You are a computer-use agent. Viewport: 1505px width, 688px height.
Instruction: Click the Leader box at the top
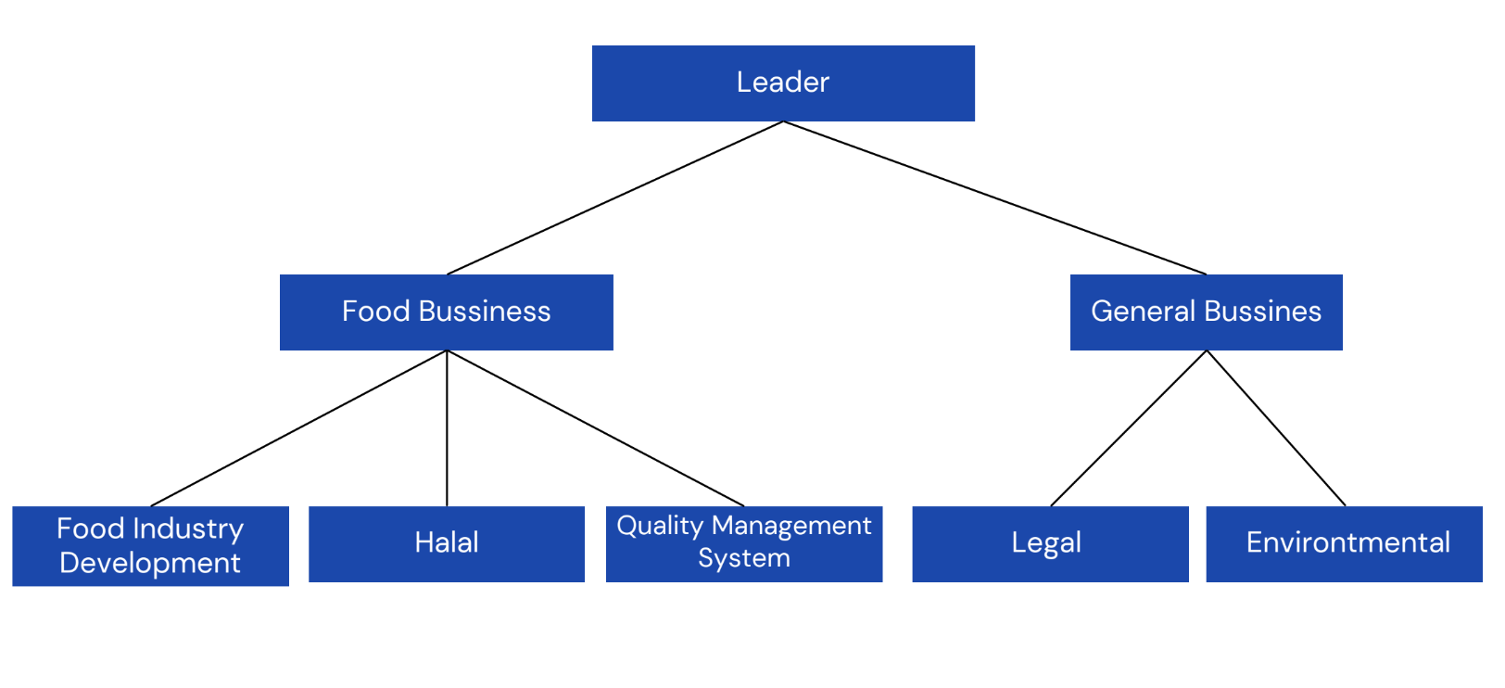(783, 83)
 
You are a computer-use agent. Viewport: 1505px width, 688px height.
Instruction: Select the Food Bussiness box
(446, 312)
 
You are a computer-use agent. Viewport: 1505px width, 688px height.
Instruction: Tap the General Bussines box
(1206, 312)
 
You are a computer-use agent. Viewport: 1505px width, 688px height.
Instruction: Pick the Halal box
(446, 544)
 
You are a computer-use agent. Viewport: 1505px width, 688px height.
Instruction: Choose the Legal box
(1050, 544)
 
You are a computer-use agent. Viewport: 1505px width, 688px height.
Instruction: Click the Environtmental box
(1344, 544)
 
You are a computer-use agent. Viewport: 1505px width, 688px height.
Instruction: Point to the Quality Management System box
(743, 544)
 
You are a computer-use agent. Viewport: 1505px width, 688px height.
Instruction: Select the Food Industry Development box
(150, 546)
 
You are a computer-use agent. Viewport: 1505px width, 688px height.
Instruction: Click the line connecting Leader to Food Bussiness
(615, 197)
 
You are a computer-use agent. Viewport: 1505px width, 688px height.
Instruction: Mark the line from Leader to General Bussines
(994, 197)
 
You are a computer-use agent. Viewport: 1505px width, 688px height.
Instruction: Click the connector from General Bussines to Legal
(1129, 428)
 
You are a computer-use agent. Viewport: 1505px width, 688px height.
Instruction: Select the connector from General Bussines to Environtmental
(1276, 428)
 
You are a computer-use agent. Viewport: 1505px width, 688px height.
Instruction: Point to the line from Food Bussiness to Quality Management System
(595, 428)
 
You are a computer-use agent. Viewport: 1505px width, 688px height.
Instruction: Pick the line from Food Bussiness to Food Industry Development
(298, 428)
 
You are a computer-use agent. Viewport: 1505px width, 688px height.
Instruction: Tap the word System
(743, 558)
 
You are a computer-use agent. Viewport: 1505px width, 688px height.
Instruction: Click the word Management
(791, 526)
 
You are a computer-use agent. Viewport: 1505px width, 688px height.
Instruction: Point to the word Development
(150, 563)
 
